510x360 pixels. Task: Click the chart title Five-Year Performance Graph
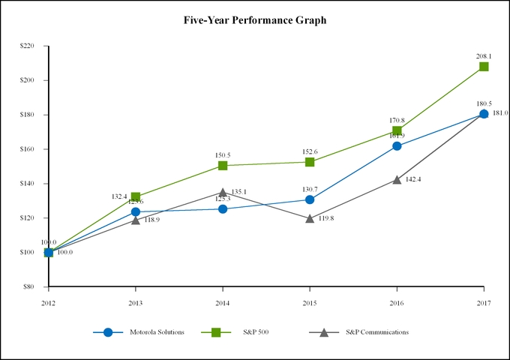[255, 20]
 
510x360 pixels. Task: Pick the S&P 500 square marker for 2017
[484, 67]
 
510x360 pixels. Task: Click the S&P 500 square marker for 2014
[223, 166]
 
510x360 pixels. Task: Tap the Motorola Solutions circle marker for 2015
[310, 199]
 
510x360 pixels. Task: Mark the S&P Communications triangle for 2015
[310, 218]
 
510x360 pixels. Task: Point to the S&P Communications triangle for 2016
[397, 179]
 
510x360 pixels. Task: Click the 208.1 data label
[484, 55]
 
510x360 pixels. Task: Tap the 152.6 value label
[310, 151]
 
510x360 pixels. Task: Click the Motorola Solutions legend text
[157, 332]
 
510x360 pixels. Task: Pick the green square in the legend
[214, 332]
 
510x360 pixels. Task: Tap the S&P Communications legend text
[377, 332]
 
